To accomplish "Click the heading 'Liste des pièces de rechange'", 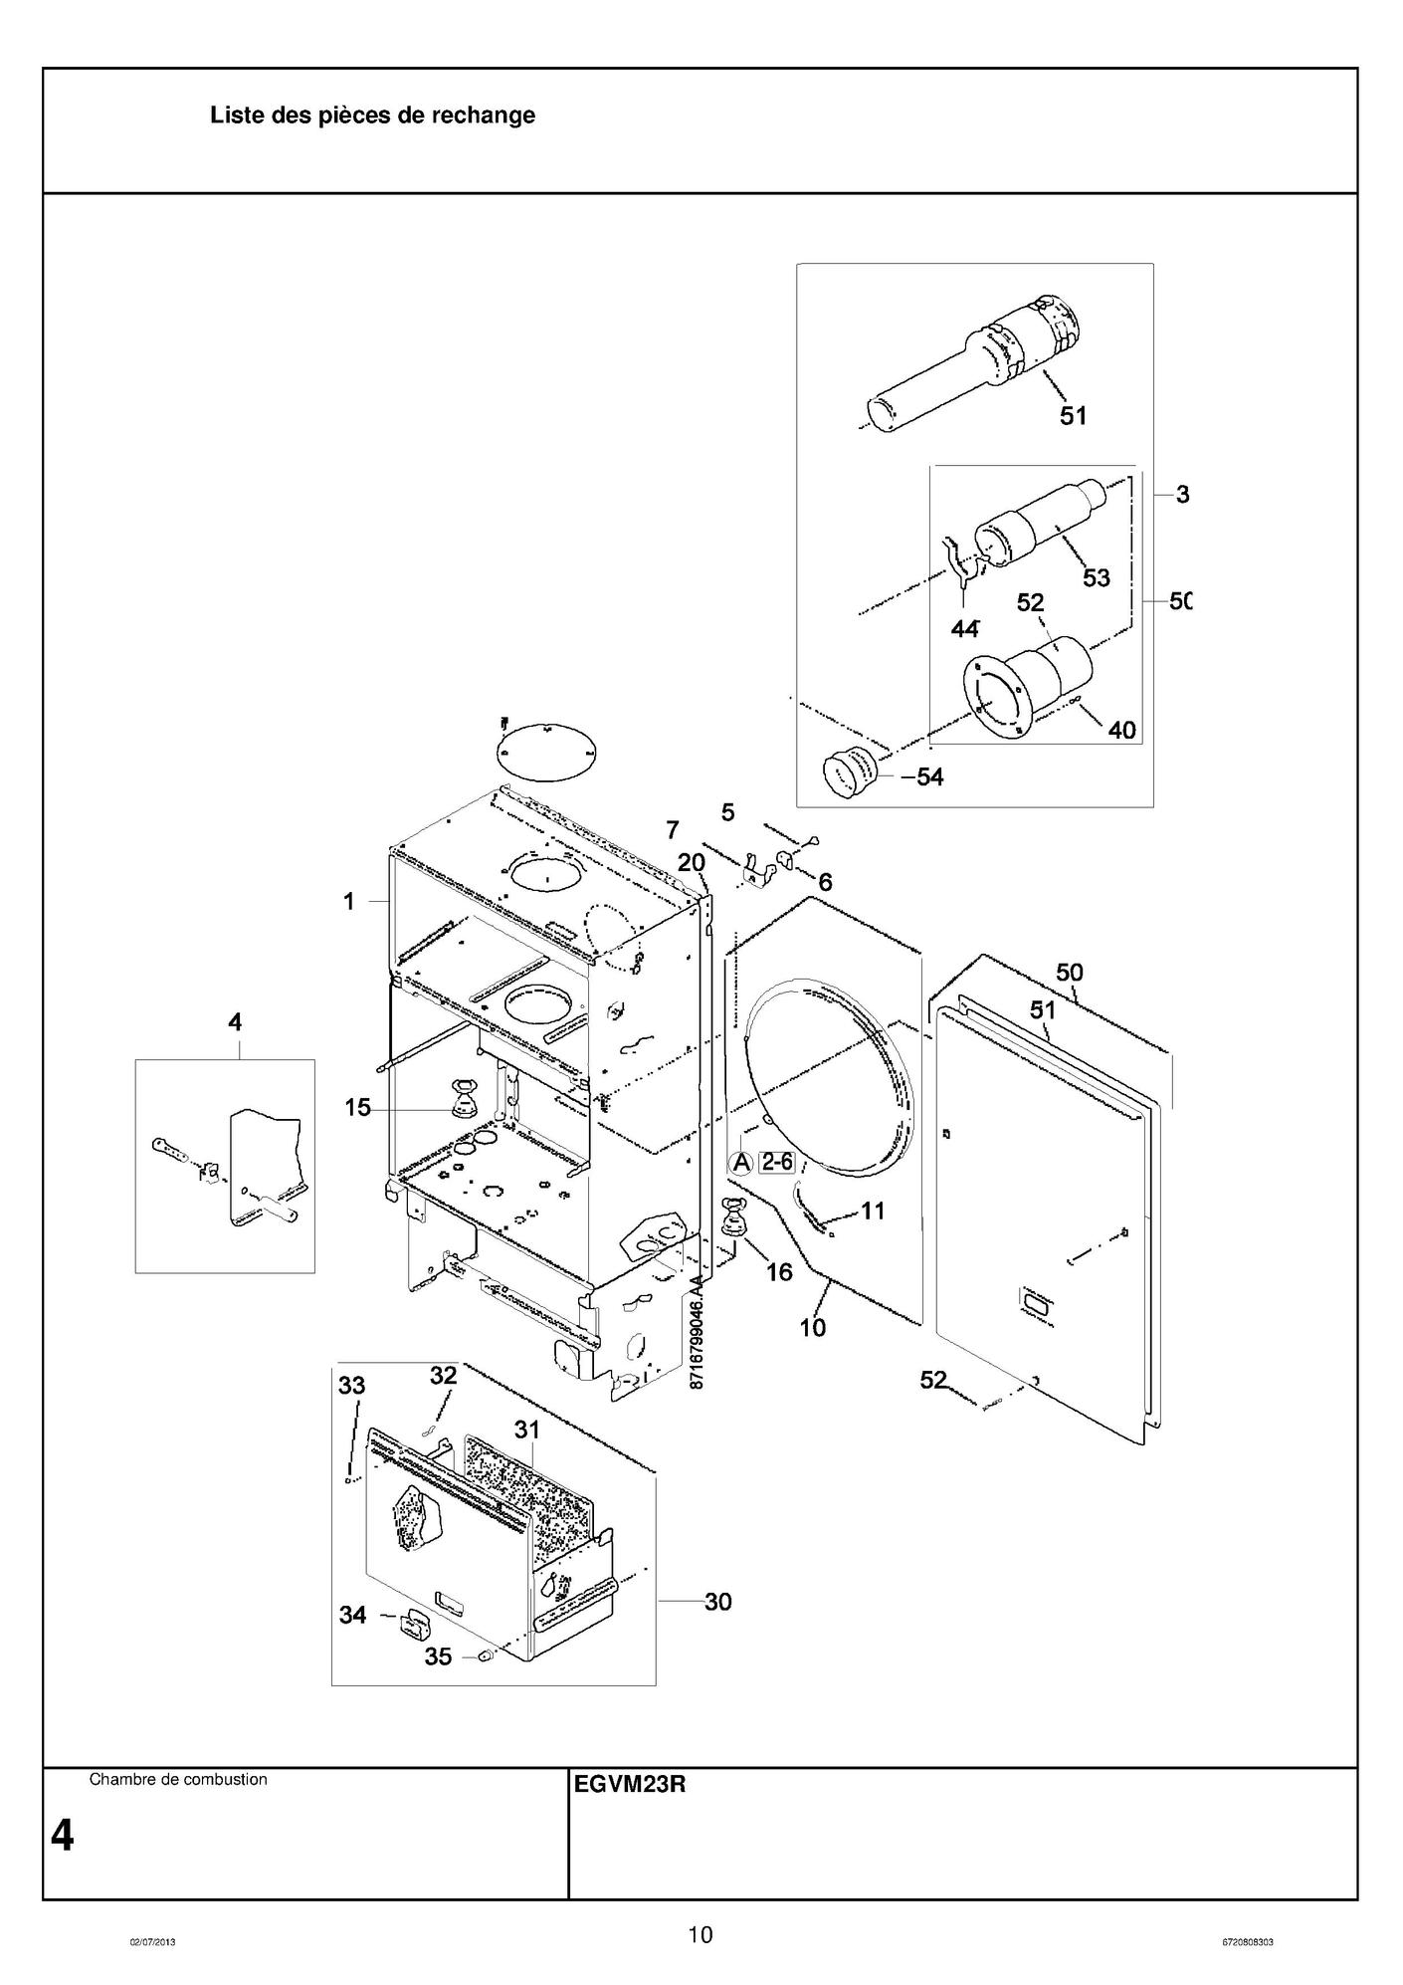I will tap(372, 115).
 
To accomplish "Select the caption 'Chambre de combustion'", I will tap(178, 1779).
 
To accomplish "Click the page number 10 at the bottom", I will tap(701, 1935).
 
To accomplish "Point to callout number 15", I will tap(357, 1107).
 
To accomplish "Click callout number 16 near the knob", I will tap(779, 1271).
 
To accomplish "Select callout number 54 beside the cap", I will tap(929, 776).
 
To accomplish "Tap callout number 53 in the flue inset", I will tap(1096, 577).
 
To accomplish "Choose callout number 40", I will tap(1121, 730).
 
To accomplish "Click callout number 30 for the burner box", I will tap(717, 1601).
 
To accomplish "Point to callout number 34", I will tap(353, 1615).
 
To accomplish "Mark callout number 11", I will tap(873, 1212).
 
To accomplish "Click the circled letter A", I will tap(741, 1162).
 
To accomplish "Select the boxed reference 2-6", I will tap(776, 1161).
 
